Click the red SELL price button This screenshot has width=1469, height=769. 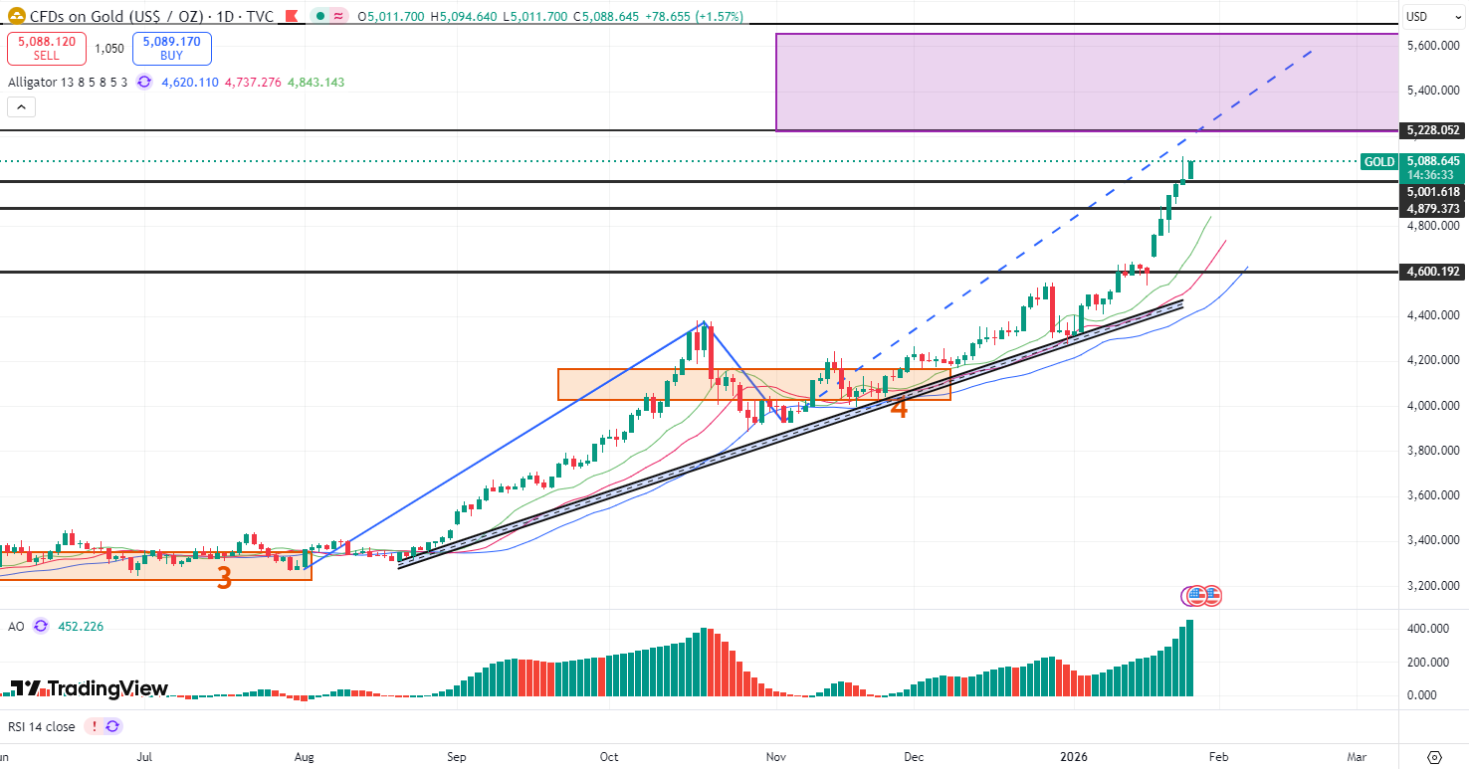tap(46, 49)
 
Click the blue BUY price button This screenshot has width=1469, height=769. tap(171, 49)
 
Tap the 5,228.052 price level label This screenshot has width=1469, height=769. tap(1433, 130)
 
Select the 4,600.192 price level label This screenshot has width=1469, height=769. tap(1433, 272)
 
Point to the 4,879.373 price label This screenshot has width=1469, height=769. tap(1433, 209)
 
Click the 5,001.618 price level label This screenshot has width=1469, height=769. tap(1433, 191)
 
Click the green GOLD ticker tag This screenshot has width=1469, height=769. tap(1378, 161)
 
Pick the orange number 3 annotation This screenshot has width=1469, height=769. tap(225, 578)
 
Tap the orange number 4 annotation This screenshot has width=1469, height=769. tap(899, 407)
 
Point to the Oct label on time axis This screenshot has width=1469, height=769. tap(609, 756)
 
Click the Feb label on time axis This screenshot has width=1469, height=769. tap(1218, 756)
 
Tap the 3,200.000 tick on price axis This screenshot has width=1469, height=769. tap(1433, 585)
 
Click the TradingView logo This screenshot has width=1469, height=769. tap(90, 688)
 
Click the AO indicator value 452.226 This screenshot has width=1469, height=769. tap(81, 627)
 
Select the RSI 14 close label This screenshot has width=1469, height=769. tap(41, 726)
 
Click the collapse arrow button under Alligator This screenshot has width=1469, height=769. tap(23, 107)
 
